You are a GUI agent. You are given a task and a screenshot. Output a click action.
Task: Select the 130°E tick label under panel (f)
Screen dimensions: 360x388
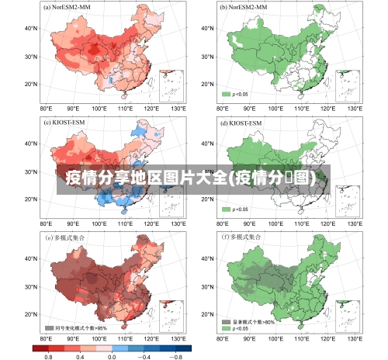point(355,339)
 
